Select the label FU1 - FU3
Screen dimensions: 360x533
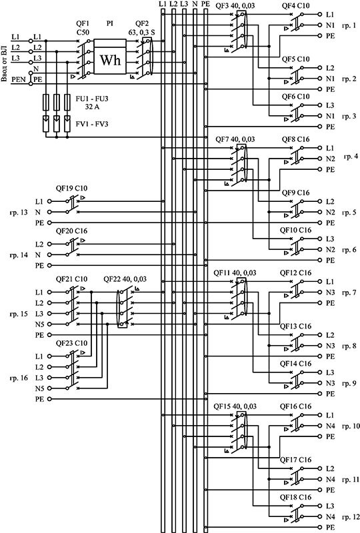pyautogui.click(x=92, y=99)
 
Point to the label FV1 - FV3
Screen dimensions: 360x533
pyautogui.click(x=92, y=124)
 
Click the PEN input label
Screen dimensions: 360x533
pyautogui.click(x=19, y=79)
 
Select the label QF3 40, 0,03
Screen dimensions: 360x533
pyautogui.click(x=235, y=6)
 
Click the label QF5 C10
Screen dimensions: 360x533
pyautogui.click(x=296, y=59)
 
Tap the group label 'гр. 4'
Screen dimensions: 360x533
pyautogui.click(x=351, y=157)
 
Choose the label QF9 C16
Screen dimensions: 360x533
pyautogui.click(x=296, y=193)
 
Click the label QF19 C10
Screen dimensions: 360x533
pyautogui.click(x=71, y=189)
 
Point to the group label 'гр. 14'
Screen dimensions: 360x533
pyautogui.click(x=19, y=255)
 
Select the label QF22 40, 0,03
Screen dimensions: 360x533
pyautogui.click(x=125, y=279)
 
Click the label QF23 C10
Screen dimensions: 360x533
pyautogui.click(x=71, y=343)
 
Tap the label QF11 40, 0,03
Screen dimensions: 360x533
pyautogui.click(x=235, y=273)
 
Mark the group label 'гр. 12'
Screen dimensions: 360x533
pyautogui.click(x=351, y=517)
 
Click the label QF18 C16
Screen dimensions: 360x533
pyautogui.click(x=296, y=497)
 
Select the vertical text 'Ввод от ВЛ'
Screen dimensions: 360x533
pyautogui.click(x=4, y=64)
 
